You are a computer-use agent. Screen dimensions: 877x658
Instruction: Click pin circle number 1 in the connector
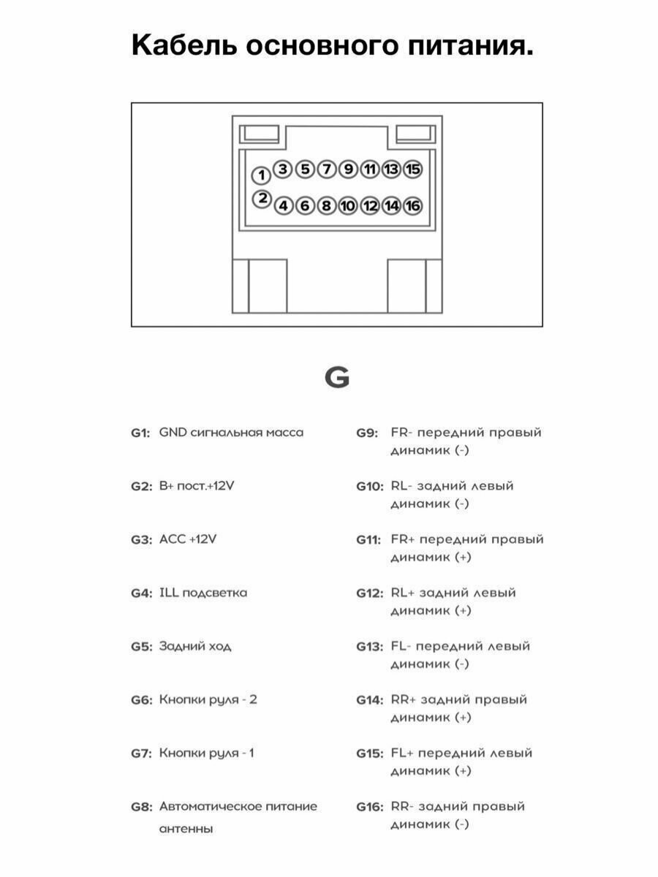(261, 175)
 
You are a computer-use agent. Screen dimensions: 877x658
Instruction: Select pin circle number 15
(413, 170)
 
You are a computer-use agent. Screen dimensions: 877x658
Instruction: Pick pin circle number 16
(413, 206)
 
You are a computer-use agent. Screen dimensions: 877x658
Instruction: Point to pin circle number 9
(349, 170)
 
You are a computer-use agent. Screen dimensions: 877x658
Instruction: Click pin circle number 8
(327, 206)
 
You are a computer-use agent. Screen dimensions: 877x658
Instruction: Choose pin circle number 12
(370, 206)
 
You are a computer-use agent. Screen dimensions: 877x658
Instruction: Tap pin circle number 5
(306, 170)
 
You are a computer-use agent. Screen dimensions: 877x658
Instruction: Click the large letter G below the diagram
(336, 378)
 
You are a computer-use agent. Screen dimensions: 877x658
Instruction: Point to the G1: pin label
(140, 433)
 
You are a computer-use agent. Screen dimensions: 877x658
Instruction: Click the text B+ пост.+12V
(197, 486)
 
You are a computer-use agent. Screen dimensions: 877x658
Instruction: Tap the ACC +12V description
(188, 539)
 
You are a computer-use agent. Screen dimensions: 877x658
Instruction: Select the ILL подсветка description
(203, 593)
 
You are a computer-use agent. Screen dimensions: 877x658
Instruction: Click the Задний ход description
(195, 646)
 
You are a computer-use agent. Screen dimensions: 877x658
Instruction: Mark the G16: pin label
(369, 807)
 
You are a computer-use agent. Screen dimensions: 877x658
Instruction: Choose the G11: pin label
(368, 539)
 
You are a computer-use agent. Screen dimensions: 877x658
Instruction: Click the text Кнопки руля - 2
(208, 699)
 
